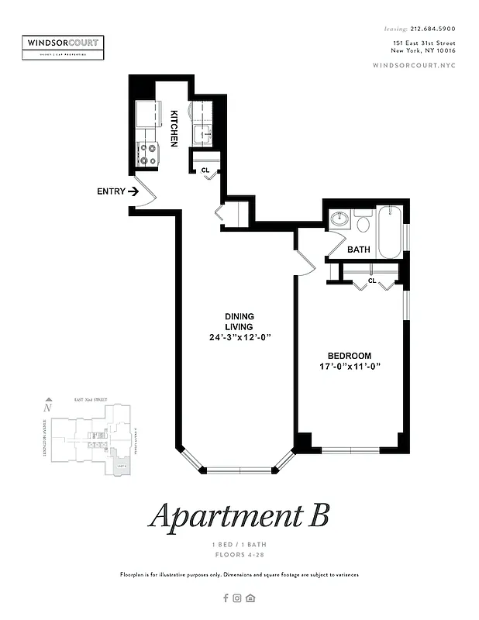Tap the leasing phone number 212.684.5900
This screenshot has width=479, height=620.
432,29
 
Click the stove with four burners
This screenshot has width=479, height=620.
147,153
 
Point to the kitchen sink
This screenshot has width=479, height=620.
204,133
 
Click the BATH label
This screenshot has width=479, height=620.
358,250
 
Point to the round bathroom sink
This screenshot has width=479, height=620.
337,219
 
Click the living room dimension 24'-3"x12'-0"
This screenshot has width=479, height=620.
239,338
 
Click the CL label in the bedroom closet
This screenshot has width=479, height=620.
372,281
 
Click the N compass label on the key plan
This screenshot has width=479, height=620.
48,406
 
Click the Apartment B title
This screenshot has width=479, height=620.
239,515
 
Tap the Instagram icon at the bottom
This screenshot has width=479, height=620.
238,598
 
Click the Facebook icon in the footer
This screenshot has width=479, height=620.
226,598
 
